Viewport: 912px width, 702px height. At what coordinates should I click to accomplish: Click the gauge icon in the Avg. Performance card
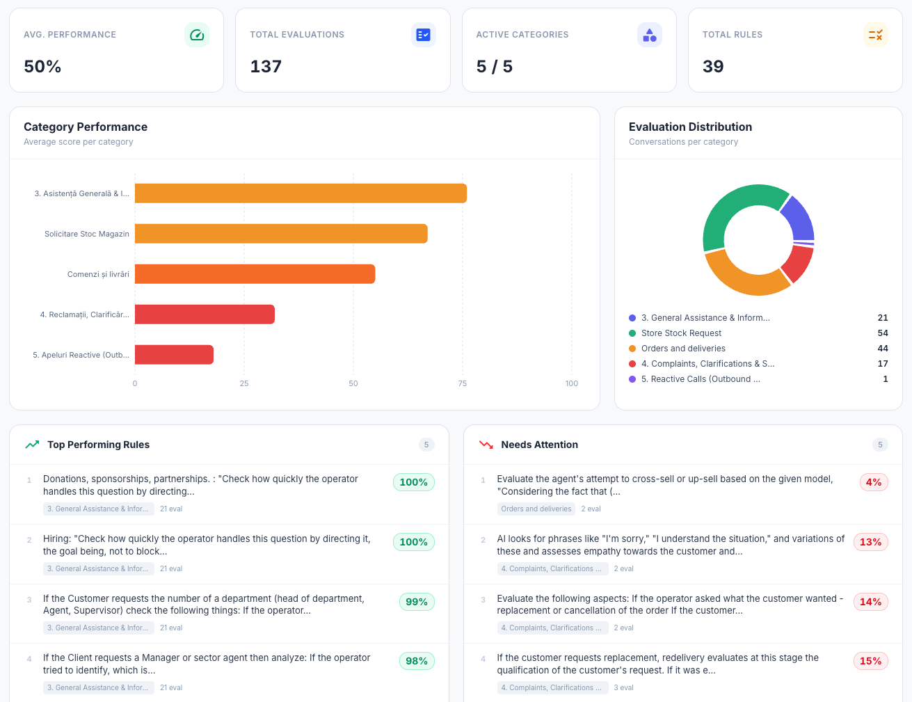197,35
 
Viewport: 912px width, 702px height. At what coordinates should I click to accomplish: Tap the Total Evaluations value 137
266,67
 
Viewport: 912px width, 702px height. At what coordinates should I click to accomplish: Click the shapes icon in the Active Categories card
649,35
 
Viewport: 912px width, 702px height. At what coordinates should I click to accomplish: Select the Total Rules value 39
713,67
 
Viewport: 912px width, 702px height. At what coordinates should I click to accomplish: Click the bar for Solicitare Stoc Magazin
281,234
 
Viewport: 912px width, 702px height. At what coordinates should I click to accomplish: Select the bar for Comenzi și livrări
255,274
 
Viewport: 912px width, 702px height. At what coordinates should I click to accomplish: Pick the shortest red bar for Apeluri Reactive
174,355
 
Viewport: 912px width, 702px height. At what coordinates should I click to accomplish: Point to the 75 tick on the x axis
463,383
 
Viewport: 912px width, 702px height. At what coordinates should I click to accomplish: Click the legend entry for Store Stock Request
681,333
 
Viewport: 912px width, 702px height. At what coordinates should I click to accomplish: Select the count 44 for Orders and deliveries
882,349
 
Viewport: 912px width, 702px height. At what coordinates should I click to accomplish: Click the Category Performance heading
86,127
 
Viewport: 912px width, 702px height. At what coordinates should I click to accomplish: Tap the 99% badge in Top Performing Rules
416,602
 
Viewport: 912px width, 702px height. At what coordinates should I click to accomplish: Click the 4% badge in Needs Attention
873,482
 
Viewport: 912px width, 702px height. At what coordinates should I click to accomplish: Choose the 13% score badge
870,542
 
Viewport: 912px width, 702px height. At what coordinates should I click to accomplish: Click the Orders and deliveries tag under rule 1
536,509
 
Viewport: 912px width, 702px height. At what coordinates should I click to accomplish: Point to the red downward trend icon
486,445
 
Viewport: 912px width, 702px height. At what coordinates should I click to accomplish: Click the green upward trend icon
32,445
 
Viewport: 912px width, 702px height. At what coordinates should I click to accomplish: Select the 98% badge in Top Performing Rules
416,661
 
